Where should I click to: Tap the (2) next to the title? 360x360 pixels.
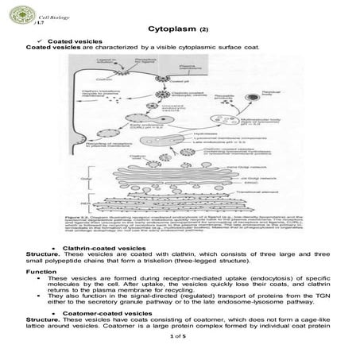coord(204,30)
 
